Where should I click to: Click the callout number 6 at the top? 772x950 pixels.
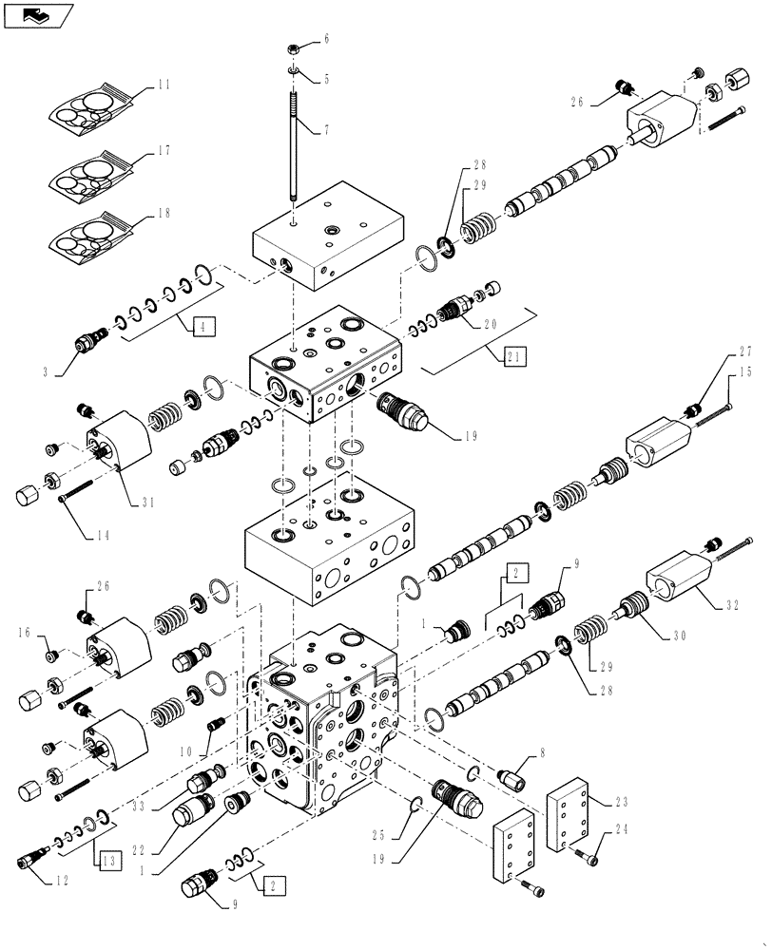(326, 39)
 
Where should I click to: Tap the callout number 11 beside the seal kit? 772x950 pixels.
(164, 85)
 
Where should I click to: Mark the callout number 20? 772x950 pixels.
(492, 324)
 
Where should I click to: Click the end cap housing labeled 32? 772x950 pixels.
(678, 582)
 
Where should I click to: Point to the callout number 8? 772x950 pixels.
(543, 753)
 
